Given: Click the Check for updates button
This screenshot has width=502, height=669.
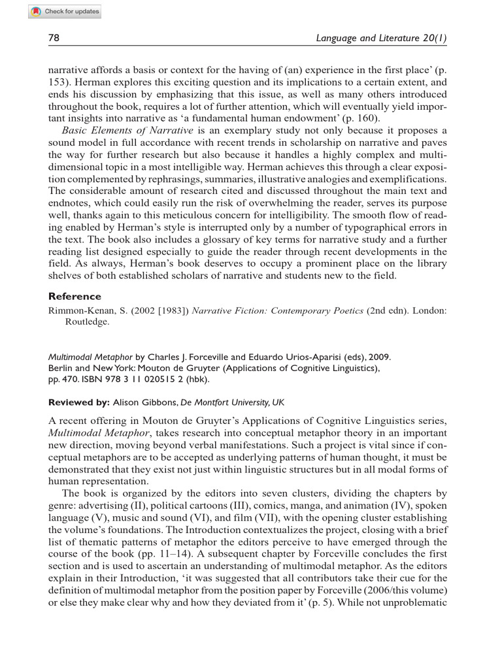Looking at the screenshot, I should pos(65,12).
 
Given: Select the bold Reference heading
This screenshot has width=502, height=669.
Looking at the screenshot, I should pos(75,296).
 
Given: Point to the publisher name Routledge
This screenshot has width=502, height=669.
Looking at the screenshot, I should pos(88,321).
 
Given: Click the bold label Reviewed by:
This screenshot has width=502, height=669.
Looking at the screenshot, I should pos(79,401).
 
